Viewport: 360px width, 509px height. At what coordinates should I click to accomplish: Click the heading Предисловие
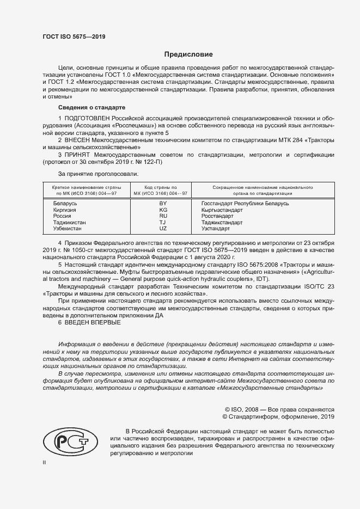pos(189,54)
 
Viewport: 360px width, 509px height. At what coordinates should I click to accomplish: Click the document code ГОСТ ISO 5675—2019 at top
pos(74,36)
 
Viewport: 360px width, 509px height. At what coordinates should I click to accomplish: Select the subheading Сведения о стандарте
pos(91,108)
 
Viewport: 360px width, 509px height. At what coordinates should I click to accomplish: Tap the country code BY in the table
pos(163,203)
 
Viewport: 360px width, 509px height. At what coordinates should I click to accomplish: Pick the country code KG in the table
pos(163,210)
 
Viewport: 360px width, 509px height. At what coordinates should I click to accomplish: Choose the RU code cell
pos(163,216)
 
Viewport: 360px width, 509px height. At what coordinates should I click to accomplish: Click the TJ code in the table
pos(163,223)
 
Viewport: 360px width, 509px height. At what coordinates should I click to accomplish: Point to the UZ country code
pos(163,229)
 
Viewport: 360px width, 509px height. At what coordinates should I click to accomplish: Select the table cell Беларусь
pos(65,203)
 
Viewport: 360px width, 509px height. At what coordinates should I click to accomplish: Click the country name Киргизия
pos(65,210)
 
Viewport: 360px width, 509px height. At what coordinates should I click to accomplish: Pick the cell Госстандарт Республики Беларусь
pos(245,203)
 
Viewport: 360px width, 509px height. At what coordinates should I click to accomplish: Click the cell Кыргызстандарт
pos(221,210)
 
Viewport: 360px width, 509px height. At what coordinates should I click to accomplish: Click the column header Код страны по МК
pos(162,190)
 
